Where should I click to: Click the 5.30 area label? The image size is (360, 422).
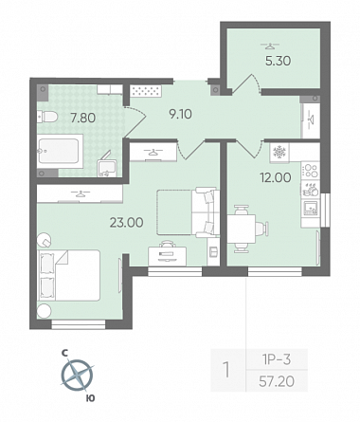(278, 61)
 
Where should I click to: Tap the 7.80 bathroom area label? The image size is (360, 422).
(83, 118)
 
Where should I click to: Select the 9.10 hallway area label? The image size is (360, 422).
(180, 114)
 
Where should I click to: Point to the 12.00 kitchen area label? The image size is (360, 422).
(276, 177)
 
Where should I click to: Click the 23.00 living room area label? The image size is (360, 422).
(126, 223)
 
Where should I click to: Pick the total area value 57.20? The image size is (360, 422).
(277, 381)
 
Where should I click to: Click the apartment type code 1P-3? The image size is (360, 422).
(277, 359)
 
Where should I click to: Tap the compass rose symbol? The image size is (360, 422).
(77, 376)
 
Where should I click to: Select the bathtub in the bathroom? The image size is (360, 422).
(60, 151)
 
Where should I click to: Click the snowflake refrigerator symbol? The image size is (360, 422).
(279, 152)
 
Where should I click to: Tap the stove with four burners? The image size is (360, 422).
(311, 171)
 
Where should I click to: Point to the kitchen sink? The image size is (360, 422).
(311, 208)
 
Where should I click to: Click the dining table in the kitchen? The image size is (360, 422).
(242, 229)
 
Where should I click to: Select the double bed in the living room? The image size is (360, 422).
(69, 275)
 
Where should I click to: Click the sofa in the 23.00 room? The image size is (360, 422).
(207, 211)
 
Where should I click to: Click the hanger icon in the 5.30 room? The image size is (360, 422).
(269, 46)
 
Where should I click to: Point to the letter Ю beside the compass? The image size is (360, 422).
(90, 398)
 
